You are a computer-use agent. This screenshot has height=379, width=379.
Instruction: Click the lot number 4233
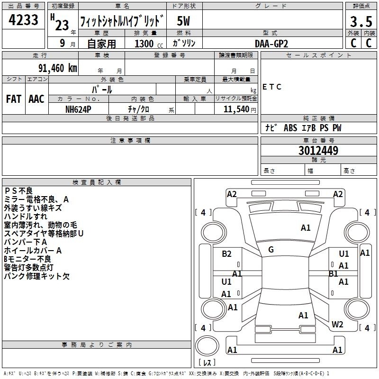coord(23,20)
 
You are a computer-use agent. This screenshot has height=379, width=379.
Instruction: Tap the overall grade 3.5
coord(361,22)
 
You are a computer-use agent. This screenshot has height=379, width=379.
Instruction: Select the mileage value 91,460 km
coord(57,68)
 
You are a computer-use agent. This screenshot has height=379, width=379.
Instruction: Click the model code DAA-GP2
coord(271,44)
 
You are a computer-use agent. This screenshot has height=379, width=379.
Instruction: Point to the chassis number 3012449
coord(318,151)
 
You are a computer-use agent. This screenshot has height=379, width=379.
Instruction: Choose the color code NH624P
coord(78,109)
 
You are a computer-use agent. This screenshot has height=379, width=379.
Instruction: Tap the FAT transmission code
coord(14,99)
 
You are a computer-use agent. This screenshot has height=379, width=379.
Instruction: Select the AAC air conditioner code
coord(36,99)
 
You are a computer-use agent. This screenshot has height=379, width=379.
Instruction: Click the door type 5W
coord(183,21)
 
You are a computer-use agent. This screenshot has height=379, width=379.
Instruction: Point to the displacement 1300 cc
coord(149,44)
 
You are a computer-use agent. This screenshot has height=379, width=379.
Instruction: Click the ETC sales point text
coord(271,87)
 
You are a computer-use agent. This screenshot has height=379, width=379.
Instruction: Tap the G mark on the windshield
coord(271,250)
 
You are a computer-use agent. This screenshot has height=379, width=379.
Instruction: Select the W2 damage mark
coord(337,324)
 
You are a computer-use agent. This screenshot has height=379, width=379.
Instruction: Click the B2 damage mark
coord(226,253)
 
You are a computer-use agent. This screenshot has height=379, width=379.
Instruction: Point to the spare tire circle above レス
coord(207,345)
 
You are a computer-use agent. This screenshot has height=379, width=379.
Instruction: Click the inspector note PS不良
coord(18,191)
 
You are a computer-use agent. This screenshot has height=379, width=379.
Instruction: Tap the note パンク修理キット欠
coord(37,276)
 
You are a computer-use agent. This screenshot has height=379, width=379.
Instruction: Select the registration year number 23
coord(62,25)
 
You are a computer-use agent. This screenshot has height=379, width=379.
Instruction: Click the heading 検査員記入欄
coord(97,182)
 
